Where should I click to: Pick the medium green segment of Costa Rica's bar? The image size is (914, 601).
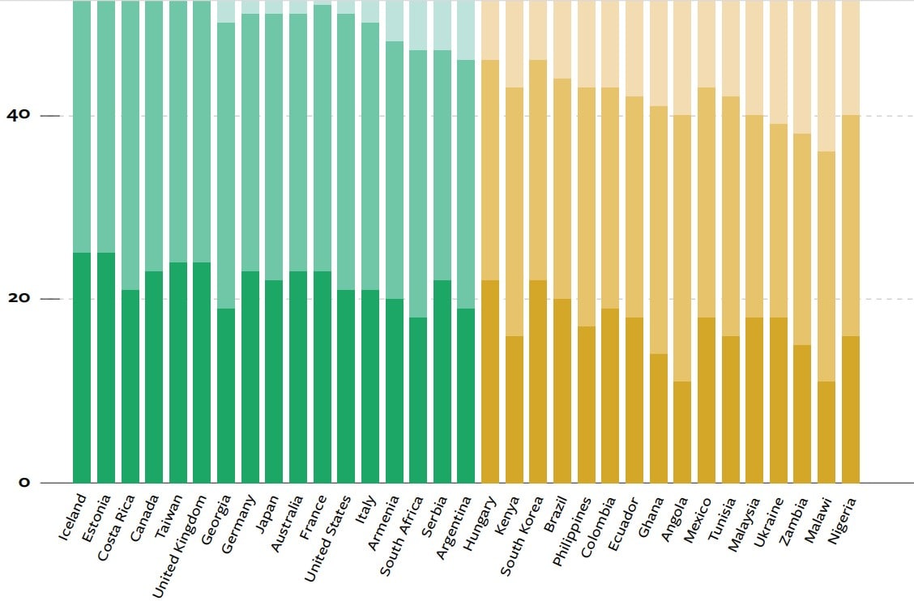[130, 145]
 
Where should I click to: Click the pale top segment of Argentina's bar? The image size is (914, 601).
[466, 30]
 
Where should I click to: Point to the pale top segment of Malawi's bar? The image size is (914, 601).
[826, 76]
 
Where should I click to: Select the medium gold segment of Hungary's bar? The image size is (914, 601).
[490, 170]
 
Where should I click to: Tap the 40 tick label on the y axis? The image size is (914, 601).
[18, 115]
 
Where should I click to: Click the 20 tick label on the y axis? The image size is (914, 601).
[18, 299]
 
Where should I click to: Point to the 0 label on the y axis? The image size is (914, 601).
[23, 483]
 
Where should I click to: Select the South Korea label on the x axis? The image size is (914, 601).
[522, 535]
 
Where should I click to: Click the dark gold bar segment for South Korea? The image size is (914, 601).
[538, 381]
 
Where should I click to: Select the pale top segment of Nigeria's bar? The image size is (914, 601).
[851, 58]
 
